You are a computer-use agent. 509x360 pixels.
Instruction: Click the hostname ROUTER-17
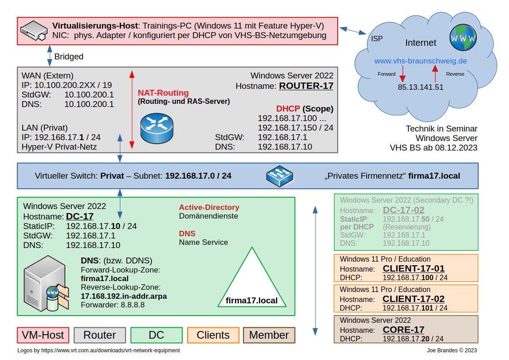[306, 86]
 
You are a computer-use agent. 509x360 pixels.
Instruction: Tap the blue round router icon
[157, 128]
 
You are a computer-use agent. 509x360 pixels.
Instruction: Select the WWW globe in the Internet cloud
[463, 38]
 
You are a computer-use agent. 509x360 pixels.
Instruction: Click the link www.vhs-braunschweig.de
[420, 61]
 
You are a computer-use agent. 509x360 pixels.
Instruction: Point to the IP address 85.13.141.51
[420, 87]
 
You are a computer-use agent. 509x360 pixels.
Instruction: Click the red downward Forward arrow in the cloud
[402, 74]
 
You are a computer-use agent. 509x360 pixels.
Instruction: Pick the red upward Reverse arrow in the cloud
[435, 73]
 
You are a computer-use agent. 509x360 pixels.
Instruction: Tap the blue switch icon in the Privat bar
[280, 176]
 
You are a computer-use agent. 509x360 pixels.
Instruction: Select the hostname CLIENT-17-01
[413, 268]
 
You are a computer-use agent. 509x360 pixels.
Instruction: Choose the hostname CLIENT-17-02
[413, 299]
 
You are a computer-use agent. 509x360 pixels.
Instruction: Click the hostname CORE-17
[403, 330]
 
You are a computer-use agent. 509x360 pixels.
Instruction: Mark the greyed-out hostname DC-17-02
[403, 210]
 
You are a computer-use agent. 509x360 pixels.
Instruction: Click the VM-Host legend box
[43, 335]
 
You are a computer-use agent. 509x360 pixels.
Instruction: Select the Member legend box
[269, 335]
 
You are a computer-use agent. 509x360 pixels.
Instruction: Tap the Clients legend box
[213, 335]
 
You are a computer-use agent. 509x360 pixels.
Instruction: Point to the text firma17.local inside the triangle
[252, 301]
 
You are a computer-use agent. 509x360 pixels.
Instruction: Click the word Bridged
[69, 57]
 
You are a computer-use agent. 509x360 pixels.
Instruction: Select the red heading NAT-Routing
[163, 93]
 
